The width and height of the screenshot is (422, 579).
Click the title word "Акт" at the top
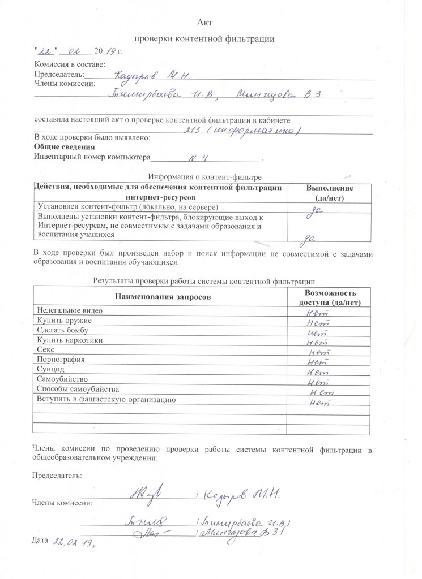coord(204,23)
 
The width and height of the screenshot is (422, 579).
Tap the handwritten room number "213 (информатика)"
coord(242,131)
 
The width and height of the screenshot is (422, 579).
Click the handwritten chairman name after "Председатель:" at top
coord(151,75)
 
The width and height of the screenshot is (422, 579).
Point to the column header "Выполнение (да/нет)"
coord(330,193)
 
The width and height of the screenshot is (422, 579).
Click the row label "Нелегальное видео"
coord(70,310)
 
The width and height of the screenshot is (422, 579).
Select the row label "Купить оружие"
coord(64,321)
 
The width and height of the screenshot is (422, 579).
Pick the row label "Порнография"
coord(61,360)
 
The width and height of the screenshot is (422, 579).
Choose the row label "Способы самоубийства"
coord(78,389)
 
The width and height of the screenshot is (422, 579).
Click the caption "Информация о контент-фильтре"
coord(203,176)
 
